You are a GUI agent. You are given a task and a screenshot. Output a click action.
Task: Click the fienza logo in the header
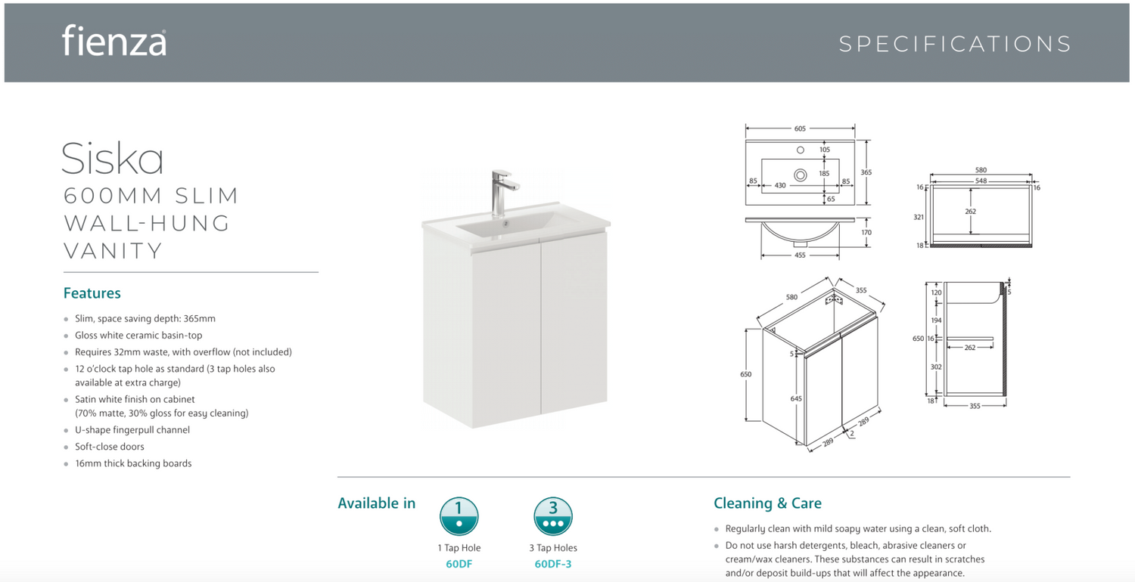tap(114, 41)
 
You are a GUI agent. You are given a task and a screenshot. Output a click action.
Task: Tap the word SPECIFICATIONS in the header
tap(955, 44)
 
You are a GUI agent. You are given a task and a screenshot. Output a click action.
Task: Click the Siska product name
tap(113, 159)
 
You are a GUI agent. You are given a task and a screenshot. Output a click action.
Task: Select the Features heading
tap(92, 293)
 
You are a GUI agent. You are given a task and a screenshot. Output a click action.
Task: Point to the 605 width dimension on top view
tap(800, 128)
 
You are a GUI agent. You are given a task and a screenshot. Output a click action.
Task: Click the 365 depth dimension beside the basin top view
tap(866, 172)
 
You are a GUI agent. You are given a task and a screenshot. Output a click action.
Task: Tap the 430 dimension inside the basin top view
tap(780, 185)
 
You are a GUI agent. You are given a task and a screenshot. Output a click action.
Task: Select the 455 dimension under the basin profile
tap(800, 255)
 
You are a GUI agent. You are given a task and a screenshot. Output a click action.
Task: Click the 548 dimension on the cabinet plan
tap(981, 181)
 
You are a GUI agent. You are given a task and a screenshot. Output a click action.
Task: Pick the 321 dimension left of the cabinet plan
tap(919, 217)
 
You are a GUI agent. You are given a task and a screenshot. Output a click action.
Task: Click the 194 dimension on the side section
tap(936, 320)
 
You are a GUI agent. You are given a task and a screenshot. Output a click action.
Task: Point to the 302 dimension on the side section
tap(936, 367)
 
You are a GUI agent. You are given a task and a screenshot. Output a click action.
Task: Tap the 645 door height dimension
tap(796, 399)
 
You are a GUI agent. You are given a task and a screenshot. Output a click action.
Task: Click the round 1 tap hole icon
tap(459, 516)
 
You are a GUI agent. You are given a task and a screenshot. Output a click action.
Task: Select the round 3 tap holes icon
tap(553, 516)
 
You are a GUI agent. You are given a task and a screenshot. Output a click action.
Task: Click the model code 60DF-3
tap(553, 564)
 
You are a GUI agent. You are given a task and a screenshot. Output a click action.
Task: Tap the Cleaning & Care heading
tap(767, 503)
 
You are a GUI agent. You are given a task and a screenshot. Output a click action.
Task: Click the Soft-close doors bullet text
tap(110, 447)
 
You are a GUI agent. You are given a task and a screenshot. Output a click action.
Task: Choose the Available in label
tap(377, 503)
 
